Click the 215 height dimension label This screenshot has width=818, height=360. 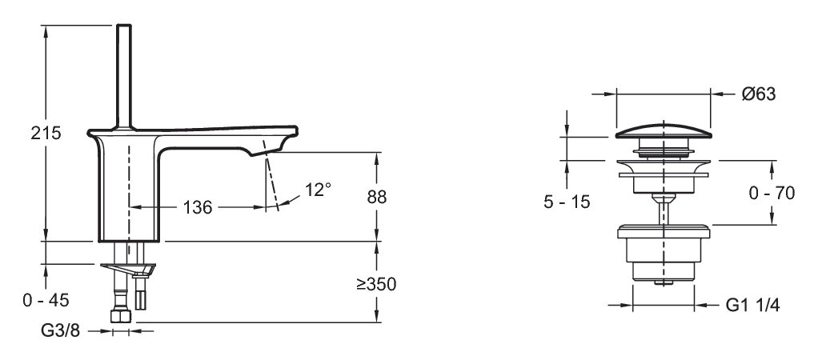tap(46, 133)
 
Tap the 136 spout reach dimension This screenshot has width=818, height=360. tap(198, 207)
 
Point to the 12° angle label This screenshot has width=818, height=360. tap(319, 190)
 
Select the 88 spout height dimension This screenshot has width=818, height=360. tap(377, 198)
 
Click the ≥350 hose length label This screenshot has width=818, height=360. tap(376, 284)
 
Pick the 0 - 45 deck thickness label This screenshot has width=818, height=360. tap(46, 300)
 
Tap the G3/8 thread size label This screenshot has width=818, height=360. tap(61, 330)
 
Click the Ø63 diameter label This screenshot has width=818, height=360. tap(759, 94)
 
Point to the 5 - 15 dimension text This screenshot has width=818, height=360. tap(567, 202)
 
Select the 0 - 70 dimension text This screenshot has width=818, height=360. tap(772, 193)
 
